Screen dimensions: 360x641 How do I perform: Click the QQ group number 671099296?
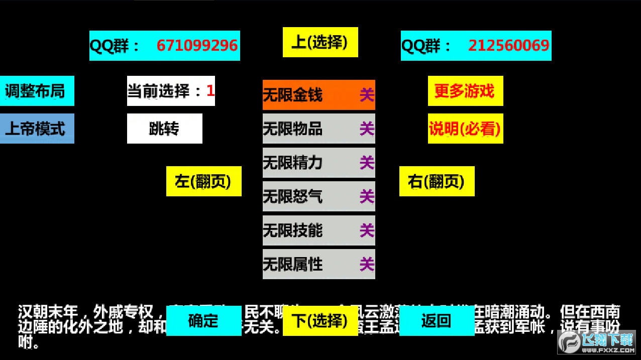pyautogui.click(x=197, y=46)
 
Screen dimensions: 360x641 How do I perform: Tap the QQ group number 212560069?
pyautogui.click(x=508, y=46)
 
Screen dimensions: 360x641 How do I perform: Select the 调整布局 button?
pyautogui.click(x=37, y=91)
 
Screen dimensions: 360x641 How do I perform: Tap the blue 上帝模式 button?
pyautogui.click(x=37, y=129)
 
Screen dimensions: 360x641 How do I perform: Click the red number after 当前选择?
pyautogui.click(x=210, y=91)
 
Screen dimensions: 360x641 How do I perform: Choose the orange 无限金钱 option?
pyautogui.click(x=318, y=95)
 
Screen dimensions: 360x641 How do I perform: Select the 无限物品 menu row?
pyautogui.click(x=318, y=129)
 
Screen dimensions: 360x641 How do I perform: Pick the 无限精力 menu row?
pyautogui.click(x=318, y=163)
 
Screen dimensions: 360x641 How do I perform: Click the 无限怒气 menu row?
pyautogui.click(x=318, y=196)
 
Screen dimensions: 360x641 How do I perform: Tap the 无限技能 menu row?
pyautogui.click(x=318, y=230)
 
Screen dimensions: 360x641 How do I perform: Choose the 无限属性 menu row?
pyautogui.click(x=318, y=264)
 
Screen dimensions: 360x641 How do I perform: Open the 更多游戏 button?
pyautogui.click(x=465, y=91)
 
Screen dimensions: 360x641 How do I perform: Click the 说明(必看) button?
pyautogui.click(x=465, y=129)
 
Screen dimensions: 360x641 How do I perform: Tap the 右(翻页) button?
pyautogui.click(x=437, y=181)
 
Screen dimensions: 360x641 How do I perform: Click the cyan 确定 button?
pyautogui.click(x=203, y=321)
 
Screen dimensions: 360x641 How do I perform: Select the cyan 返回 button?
pyautogui.click(x=437, y=321)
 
